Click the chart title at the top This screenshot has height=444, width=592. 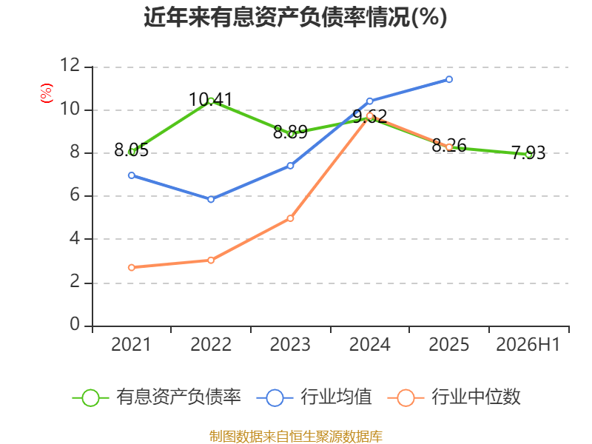pos(295,17)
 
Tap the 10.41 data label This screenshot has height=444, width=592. pos(211,100)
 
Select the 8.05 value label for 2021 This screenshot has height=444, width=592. pos(132,150)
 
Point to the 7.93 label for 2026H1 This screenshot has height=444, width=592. pos(528,153)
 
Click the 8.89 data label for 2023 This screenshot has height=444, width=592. pos(290,132)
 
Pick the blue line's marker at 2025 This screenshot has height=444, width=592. pos(449,79)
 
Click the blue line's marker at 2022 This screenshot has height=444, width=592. pos(211,199)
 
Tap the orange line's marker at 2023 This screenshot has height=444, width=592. pos(290,218)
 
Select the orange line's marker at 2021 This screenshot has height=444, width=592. pos(132,267)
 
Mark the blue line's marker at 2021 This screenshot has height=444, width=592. pos(132,175)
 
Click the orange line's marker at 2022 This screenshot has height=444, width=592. pos(211,260)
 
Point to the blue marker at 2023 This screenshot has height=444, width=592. pos(290,166)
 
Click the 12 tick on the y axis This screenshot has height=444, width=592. pos(70,65)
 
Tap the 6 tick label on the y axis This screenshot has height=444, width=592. pos(75,195)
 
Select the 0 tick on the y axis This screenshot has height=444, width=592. pos(75,324)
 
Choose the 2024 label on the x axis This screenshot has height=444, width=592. pos(369,344)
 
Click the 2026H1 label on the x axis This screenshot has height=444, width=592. pos(528,344)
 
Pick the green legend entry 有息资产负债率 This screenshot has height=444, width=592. pos(156,397)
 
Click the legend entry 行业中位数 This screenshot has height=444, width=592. pos(454,397)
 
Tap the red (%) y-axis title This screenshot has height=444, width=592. pos(47,93)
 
